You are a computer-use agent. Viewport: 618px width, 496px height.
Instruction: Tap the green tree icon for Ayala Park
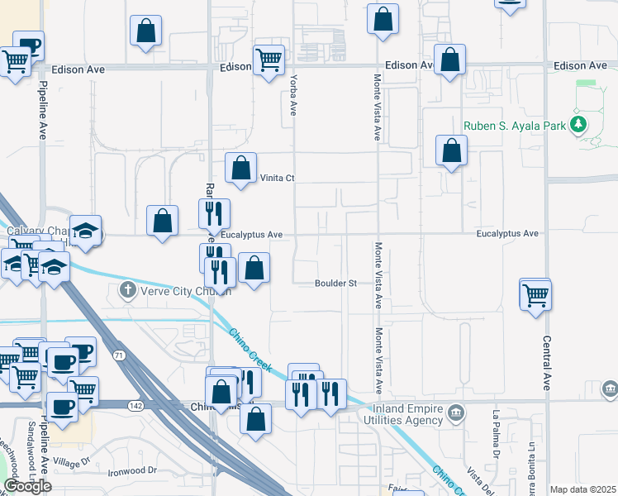tap(579, 125)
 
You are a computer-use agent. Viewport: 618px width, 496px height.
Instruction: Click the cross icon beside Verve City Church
tap(126, 289)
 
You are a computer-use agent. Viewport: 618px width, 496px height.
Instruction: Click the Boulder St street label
tap(335, 284)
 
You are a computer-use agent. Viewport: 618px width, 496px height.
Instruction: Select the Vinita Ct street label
tap(278, 178)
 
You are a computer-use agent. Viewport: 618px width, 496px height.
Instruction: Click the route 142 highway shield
tap(135, 406)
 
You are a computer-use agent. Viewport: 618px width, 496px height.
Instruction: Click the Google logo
tap(27, 486)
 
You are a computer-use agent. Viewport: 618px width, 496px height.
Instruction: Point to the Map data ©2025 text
tap(582, 489)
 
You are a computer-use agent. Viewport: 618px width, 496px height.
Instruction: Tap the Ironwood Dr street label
tap(132, 471)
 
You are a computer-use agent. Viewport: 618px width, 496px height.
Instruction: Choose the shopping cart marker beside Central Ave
tap(535, 293)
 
